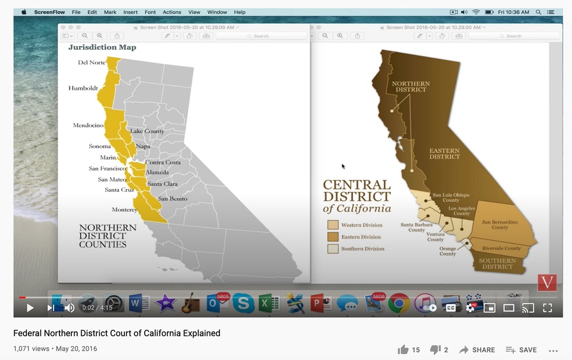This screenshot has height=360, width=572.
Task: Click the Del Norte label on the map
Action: (92, 62)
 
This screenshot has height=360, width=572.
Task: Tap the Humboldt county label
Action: (83, 89)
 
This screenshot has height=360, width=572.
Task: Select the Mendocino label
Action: (88, 125)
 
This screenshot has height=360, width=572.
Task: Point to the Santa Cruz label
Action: (120, 190)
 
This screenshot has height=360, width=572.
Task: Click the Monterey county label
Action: (124, 209)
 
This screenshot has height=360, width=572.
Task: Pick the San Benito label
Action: (173, 199)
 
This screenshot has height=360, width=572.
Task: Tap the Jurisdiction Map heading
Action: (102, 47)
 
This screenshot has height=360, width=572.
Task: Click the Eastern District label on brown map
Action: (445, 153)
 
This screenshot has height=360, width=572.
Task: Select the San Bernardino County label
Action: (500, 225)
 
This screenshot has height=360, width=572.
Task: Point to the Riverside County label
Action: (501, 249)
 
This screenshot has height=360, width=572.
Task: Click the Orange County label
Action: (448, 251)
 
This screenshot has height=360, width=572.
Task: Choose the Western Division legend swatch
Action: (333, 225)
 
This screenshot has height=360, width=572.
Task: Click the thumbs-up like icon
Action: (403, 349)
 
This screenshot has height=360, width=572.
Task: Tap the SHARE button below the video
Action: (477, 349)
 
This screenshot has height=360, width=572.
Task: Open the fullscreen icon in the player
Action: (547, 307)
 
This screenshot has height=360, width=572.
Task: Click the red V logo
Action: (547, 282)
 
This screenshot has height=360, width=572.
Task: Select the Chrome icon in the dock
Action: (399, 303)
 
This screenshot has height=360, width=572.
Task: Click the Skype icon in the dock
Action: (243, 303)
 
